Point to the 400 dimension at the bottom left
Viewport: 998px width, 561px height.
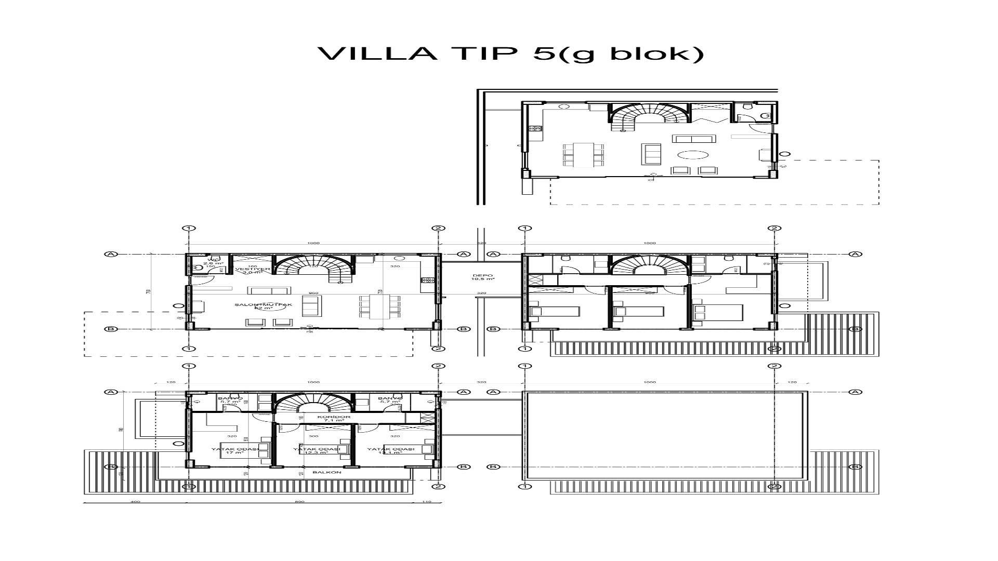click(x=135, y=502)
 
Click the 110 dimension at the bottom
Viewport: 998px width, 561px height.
click(x=427, y=502)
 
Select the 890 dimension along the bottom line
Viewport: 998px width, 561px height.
click(x=299, y=502)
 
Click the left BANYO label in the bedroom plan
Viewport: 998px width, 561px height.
click(x=230, y=399)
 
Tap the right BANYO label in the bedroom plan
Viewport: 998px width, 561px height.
click(x=390, y=399)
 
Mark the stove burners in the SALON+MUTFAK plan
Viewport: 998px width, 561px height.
click(x=427, y=280)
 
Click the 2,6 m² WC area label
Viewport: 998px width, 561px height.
click(x=209, y=263)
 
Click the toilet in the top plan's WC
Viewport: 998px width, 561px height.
click(x=765, y=115)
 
